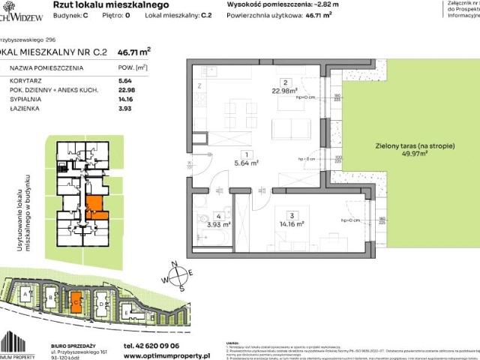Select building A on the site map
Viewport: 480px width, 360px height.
pos(27,296)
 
